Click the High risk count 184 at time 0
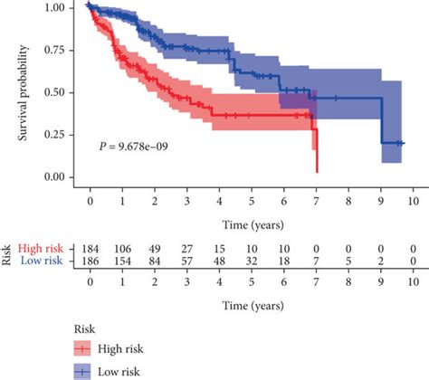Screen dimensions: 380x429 [x=90, y=247]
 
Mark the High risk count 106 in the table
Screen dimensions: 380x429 [x=122, y=247]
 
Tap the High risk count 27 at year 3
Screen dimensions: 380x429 [x=186, y=247]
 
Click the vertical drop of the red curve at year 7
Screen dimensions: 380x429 [x=317, y=149]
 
